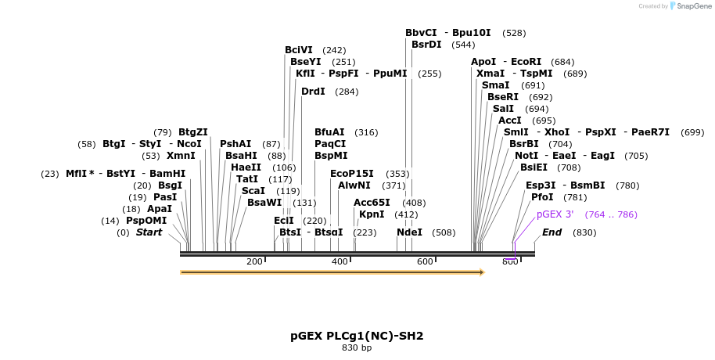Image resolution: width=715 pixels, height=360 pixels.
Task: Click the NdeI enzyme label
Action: pos(409,232)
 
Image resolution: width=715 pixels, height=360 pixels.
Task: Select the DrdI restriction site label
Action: pos(313,92)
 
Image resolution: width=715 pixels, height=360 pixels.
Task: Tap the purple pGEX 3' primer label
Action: pos(555,214)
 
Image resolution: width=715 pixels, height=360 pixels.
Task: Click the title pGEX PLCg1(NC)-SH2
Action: pos(357,336)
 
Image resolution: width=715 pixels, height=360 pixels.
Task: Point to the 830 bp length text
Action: pos(357,347)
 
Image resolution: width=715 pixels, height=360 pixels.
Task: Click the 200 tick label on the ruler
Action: pos(254,261)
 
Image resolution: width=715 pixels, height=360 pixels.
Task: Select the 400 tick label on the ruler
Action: pos(340,261)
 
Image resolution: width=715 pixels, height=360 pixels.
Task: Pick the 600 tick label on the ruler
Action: pos(425,261)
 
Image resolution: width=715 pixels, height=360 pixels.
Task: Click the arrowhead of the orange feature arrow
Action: pos(481,272)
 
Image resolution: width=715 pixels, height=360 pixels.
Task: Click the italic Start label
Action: pos(149,232)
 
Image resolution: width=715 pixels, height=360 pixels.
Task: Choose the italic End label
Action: pos(552,232)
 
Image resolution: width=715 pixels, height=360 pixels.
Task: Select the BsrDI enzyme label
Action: pos(426,45)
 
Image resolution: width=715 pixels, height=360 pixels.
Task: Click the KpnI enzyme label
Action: pos(372,214)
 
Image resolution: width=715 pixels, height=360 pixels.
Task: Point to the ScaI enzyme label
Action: pos(253,190)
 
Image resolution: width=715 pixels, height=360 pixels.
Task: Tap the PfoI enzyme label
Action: pos(542,197)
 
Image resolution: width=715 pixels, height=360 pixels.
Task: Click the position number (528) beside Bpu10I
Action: pos(514,33)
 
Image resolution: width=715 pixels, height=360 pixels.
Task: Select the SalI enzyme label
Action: pos(503,109)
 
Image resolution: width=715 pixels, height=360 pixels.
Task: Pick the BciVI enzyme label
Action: pos(299,50)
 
